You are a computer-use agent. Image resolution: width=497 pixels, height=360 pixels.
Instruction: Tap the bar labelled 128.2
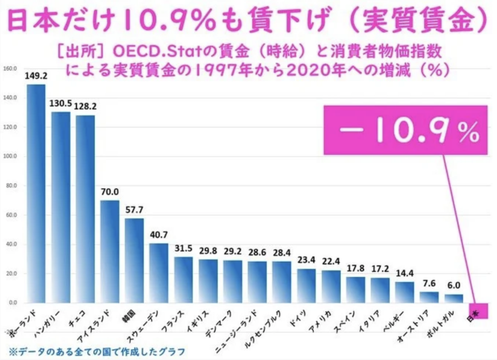click(85, 209)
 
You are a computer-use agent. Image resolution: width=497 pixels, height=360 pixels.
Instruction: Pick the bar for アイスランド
click(110, 251)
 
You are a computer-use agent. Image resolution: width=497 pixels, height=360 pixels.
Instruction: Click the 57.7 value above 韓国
click(134, 209)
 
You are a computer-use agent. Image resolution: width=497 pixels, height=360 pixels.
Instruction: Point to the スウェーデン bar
click(159, 273)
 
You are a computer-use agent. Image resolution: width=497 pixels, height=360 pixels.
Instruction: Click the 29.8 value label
click(207, 250)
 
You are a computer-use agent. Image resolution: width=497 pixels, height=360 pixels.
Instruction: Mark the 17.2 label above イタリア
click(379, 269)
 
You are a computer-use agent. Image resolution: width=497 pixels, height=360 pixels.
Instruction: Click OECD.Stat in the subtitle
click(153, 53)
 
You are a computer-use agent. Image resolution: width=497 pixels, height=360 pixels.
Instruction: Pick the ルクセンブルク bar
click(281, 282)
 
